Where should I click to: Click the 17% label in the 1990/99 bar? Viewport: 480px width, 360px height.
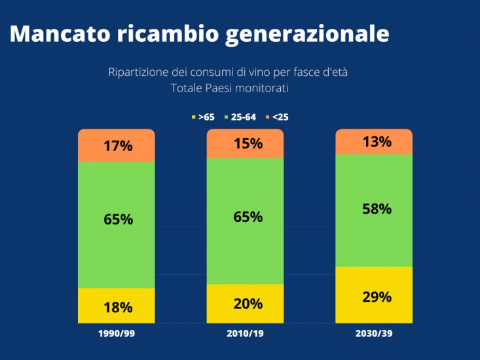point(118,146)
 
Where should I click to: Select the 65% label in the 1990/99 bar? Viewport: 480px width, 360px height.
point(118,219)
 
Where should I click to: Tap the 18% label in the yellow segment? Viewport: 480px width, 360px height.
point(118,307)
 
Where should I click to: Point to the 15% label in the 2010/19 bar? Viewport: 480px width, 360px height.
point(248,143)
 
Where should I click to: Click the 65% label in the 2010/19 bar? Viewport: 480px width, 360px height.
point(248,217)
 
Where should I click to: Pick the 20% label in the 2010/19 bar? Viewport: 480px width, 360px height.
point(248,304)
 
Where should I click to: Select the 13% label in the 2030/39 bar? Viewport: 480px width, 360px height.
point(377,141)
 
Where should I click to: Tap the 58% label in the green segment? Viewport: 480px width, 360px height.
point(377,209)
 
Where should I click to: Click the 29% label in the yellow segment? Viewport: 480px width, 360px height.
point(377,297)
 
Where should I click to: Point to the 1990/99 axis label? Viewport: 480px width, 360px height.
point(117,334)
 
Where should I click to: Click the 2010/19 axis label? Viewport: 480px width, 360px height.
point(246,334)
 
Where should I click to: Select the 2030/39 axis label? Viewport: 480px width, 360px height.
point(375,334)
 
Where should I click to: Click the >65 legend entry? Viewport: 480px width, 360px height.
point(203,117)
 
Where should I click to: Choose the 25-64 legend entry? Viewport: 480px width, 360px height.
point(240,117)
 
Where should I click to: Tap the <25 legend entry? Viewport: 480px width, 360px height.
point(276,117)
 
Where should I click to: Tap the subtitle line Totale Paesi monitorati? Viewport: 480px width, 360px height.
point(229,88)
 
